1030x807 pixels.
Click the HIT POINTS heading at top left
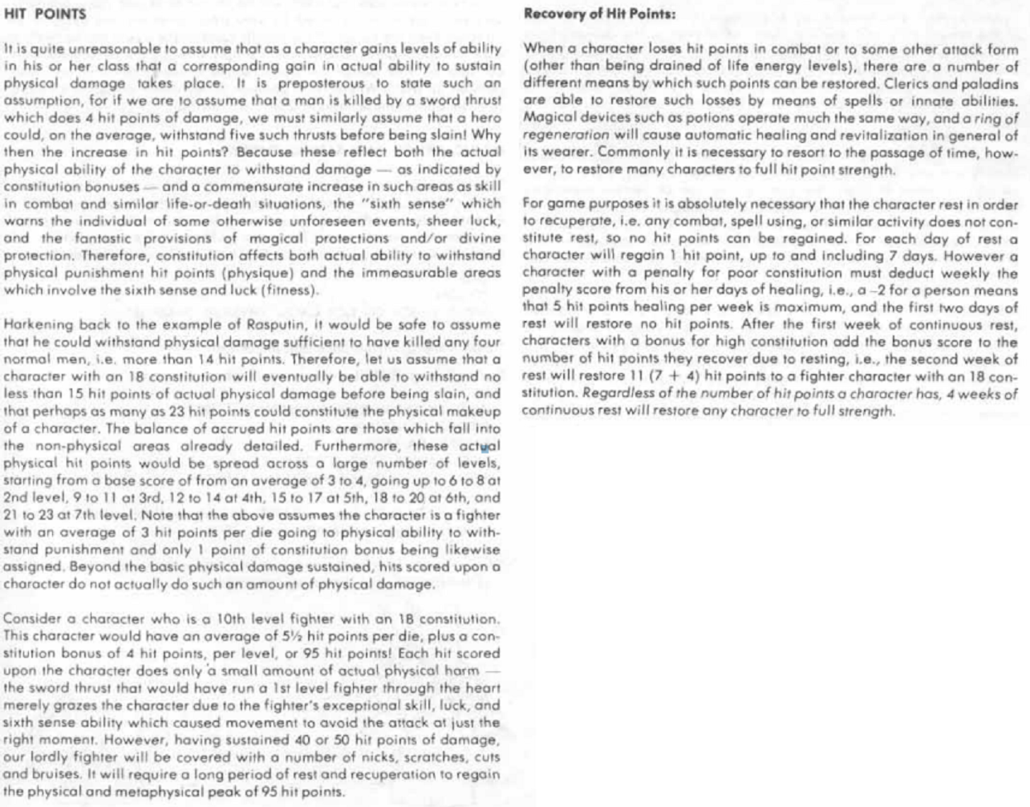45,14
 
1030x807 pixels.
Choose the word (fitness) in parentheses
288,290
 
